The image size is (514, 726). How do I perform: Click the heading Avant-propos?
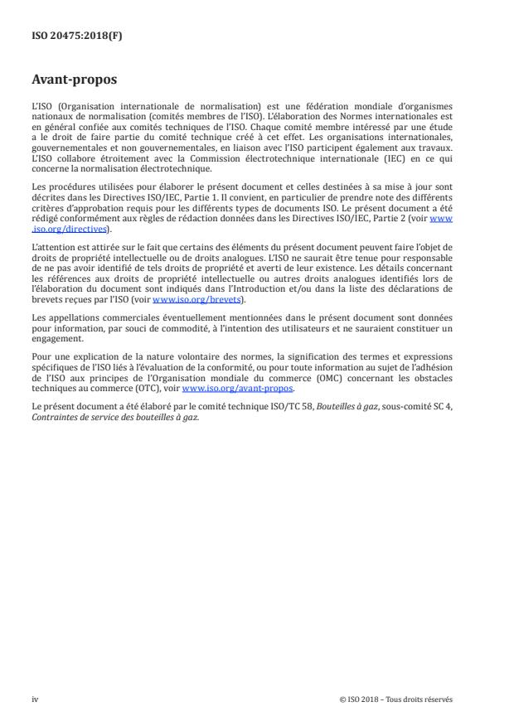[x=75, y=80]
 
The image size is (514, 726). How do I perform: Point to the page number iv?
[x=35, y=699]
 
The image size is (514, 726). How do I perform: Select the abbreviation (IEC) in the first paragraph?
[x=388, y=157]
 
